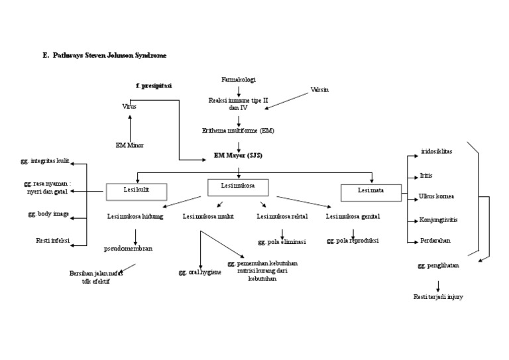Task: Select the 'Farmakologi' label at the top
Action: pos(239,80)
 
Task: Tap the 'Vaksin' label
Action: pos(320,90)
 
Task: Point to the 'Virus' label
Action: pos(129,106)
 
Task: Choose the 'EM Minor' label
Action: pos(129,145)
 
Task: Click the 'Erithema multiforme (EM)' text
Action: pos(238,131)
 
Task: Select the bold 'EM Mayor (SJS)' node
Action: pos(239,155)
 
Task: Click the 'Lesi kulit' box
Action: pos(137,192)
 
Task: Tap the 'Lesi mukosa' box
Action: pos(238,188)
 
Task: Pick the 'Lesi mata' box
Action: pos(371,192)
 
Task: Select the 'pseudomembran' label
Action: pos(128,249)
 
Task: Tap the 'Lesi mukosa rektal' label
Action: pos(282,216)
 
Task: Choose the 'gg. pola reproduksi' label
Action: pos(353,241)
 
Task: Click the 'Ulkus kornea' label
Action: pos(436,196)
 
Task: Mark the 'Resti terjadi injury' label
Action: pos(437,296)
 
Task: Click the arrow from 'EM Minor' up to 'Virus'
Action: pos(130,126)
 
